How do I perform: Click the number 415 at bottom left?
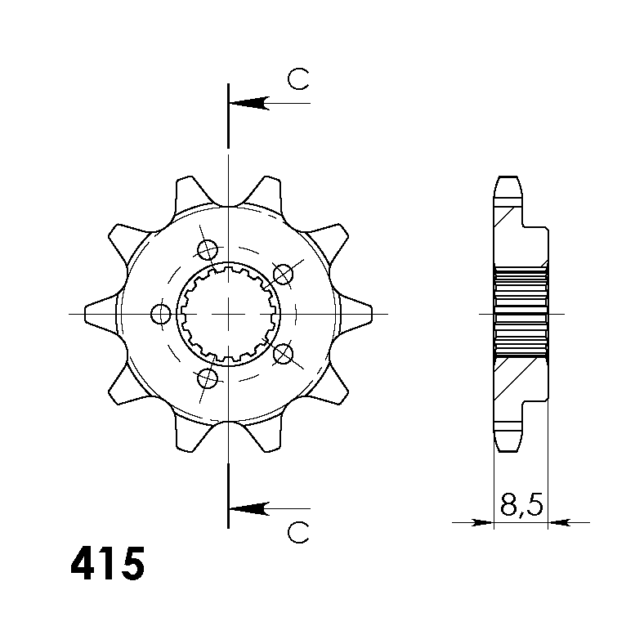coord(108,564)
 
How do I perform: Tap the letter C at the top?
coord(298,79)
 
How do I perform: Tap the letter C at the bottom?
coord(298,533)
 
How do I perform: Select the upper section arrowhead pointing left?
coord(249,103)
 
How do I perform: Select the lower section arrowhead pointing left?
coord(249,508)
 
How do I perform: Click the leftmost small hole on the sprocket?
coord(160,314)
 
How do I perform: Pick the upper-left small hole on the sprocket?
coord(208,250)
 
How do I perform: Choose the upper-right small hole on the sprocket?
coord(283,275)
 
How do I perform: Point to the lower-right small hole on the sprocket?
coord(283,354)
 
